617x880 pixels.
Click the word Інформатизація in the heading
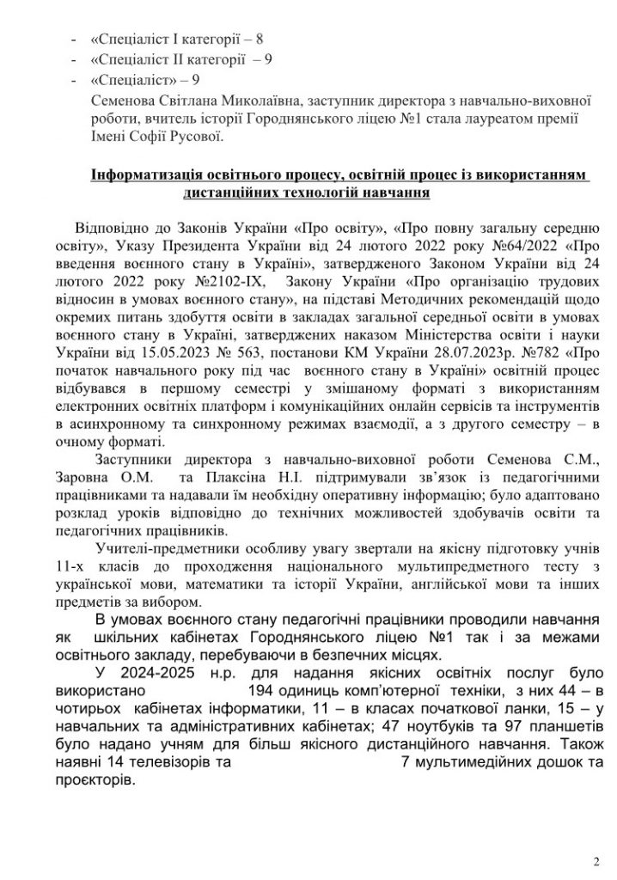[x=144, y=176]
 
